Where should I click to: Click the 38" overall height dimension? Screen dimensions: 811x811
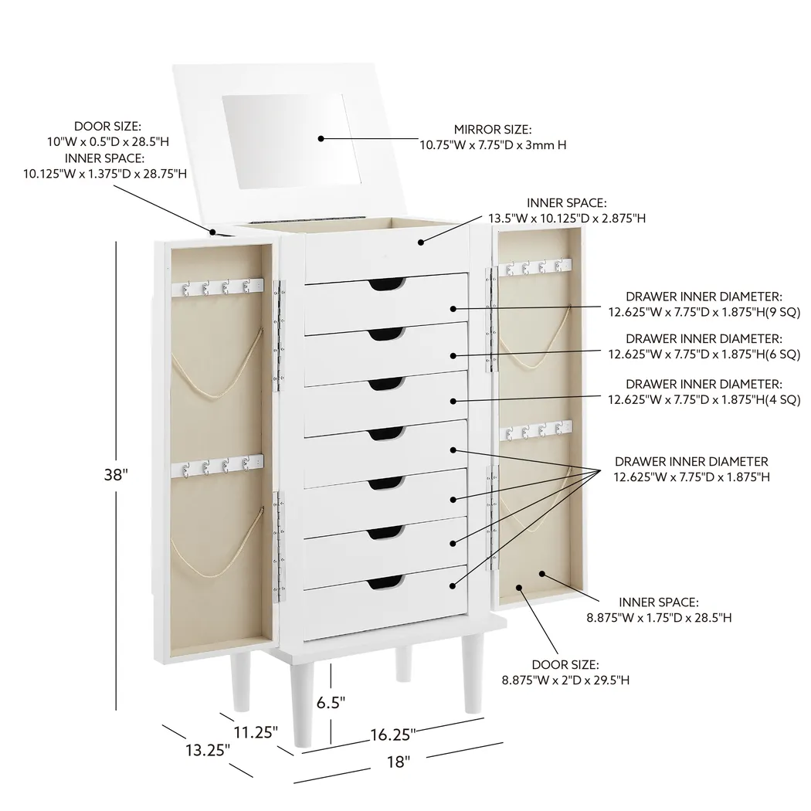pos(115,475)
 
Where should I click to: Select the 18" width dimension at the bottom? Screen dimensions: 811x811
pos(398,762)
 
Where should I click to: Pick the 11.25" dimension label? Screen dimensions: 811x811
pos(256,731)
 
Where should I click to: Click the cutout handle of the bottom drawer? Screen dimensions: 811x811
pos(386,582)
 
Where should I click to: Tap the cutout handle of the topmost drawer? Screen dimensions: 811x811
pos(386,285)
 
